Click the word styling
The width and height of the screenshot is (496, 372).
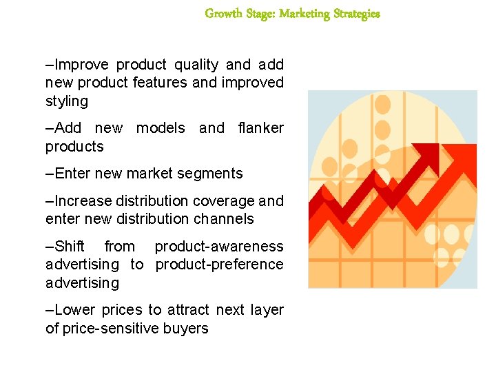coord(67,101)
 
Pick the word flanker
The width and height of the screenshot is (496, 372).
coord(260,128)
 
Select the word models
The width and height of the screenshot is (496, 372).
coord(161,128)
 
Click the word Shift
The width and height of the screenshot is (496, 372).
coord(70,247)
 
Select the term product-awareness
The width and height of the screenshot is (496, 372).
coord(218,247)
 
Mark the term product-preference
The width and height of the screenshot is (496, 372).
coord(219,265)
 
